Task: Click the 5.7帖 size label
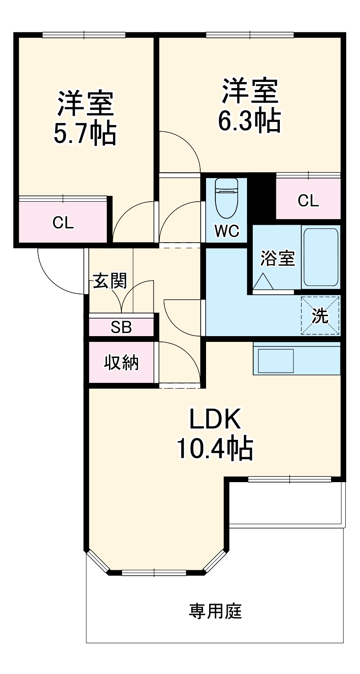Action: coord(85,132)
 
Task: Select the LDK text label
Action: coord(215,418)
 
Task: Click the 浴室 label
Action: coord(278,259)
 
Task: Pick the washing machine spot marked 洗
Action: coord(320,315)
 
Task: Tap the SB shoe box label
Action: coord(121,327)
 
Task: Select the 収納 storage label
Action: coord(121,363)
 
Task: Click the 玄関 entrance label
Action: coord(110,281)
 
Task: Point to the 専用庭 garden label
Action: coord(215,611)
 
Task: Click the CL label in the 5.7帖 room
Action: coord(63,223)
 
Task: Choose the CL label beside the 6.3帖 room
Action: coord(308,201)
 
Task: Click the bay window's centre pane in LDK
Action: coord(155,573)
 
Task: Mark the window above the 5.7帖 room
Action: coord(84,35)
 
